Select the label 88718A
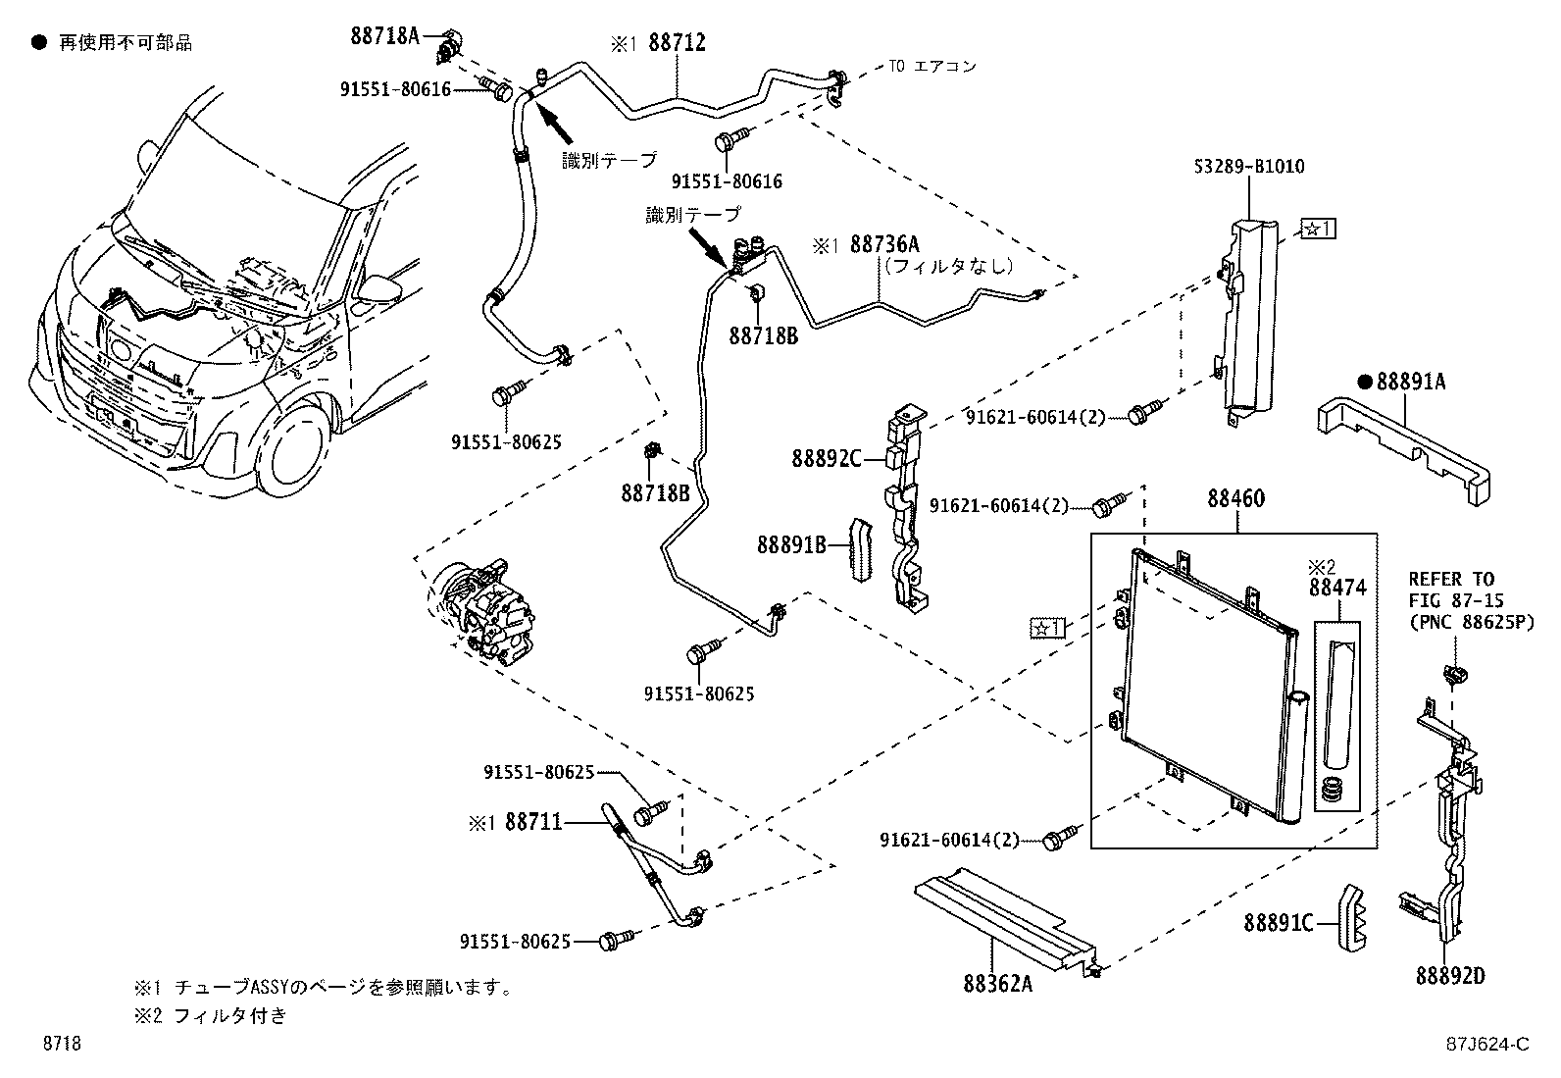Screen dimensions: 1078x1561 point(384,36)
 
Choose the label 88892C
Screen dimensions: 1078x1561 point(826,458)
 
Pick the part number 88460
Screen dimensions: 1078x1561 point(1235,498)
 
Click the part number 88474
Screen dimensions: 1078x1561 point(1336,588)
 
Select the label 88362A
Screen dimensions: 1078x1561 point(997,982)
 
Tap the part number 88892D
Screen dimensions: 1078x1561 point(1449,976)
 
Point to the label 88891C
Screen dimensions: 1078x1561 point(1279,923)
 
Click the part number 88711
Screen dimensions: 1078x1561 point(533,822)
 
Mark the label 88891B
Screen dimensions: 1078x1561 point(791,543)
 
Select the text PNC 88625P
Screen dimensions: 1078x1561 point(1471,621)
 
